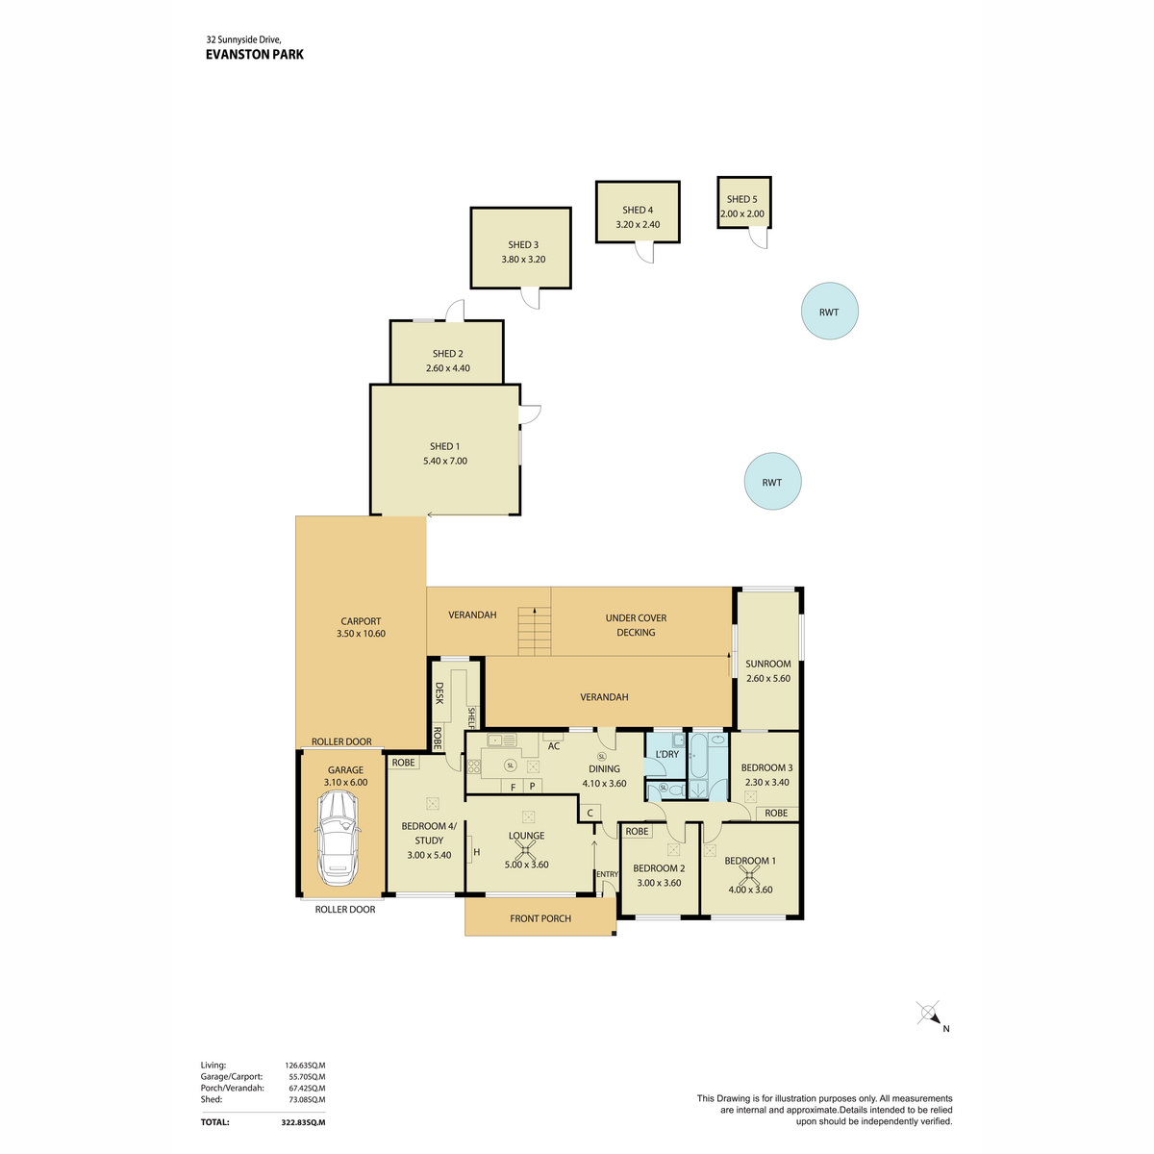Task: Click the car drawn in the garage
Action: pyautogui.click(x=338, y=838)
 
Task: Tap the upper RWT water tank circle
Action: pyautogui.click(x=829, y=311)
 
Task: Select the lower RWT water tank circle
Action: pyautogui.click(x=772, y=481)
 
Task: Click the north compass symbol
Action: pyautogui.click(x=929, y=1014)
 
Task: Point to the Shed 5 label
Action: pyautogui.click(x=741, y=199)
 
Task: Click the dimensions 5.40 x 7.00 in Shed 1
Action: pyautogui.click(x=444, y=461)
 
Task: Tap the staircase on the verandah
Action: pyautogui.click(x=534, y=631)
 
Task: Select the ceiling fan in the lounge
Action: pyautogui.click(x=525, y=850)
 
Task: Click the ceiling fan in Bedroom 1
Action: pyautogui.click(x=749, y=877)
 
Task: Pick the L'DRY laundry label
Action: pyautogui.click(x=666, y=754)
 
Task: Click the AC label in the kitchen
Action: pyautogui.click(x=553, y=745)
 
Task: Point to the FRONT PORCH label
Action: pyautogui.click(x=540, y=918)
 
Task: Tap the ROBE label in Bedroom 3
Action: pyautogui.click(x=775, y=813)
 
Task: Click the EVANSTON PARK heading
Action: pyautogui.click(x=255, y=55)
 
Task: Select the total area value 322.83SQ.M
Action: pyautogui.click(x=303, y=1122)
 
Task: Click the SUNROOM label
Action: pyautogui.click(x=767, y=664)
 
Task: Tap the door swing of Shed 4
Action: pyautogui.click(x=644, y=253)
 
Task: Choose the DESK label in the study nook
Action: pyautogui.click(x=439, y=692)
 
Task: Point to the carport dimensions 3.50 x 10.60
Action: pyautogui.click(x=361, y=633)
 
